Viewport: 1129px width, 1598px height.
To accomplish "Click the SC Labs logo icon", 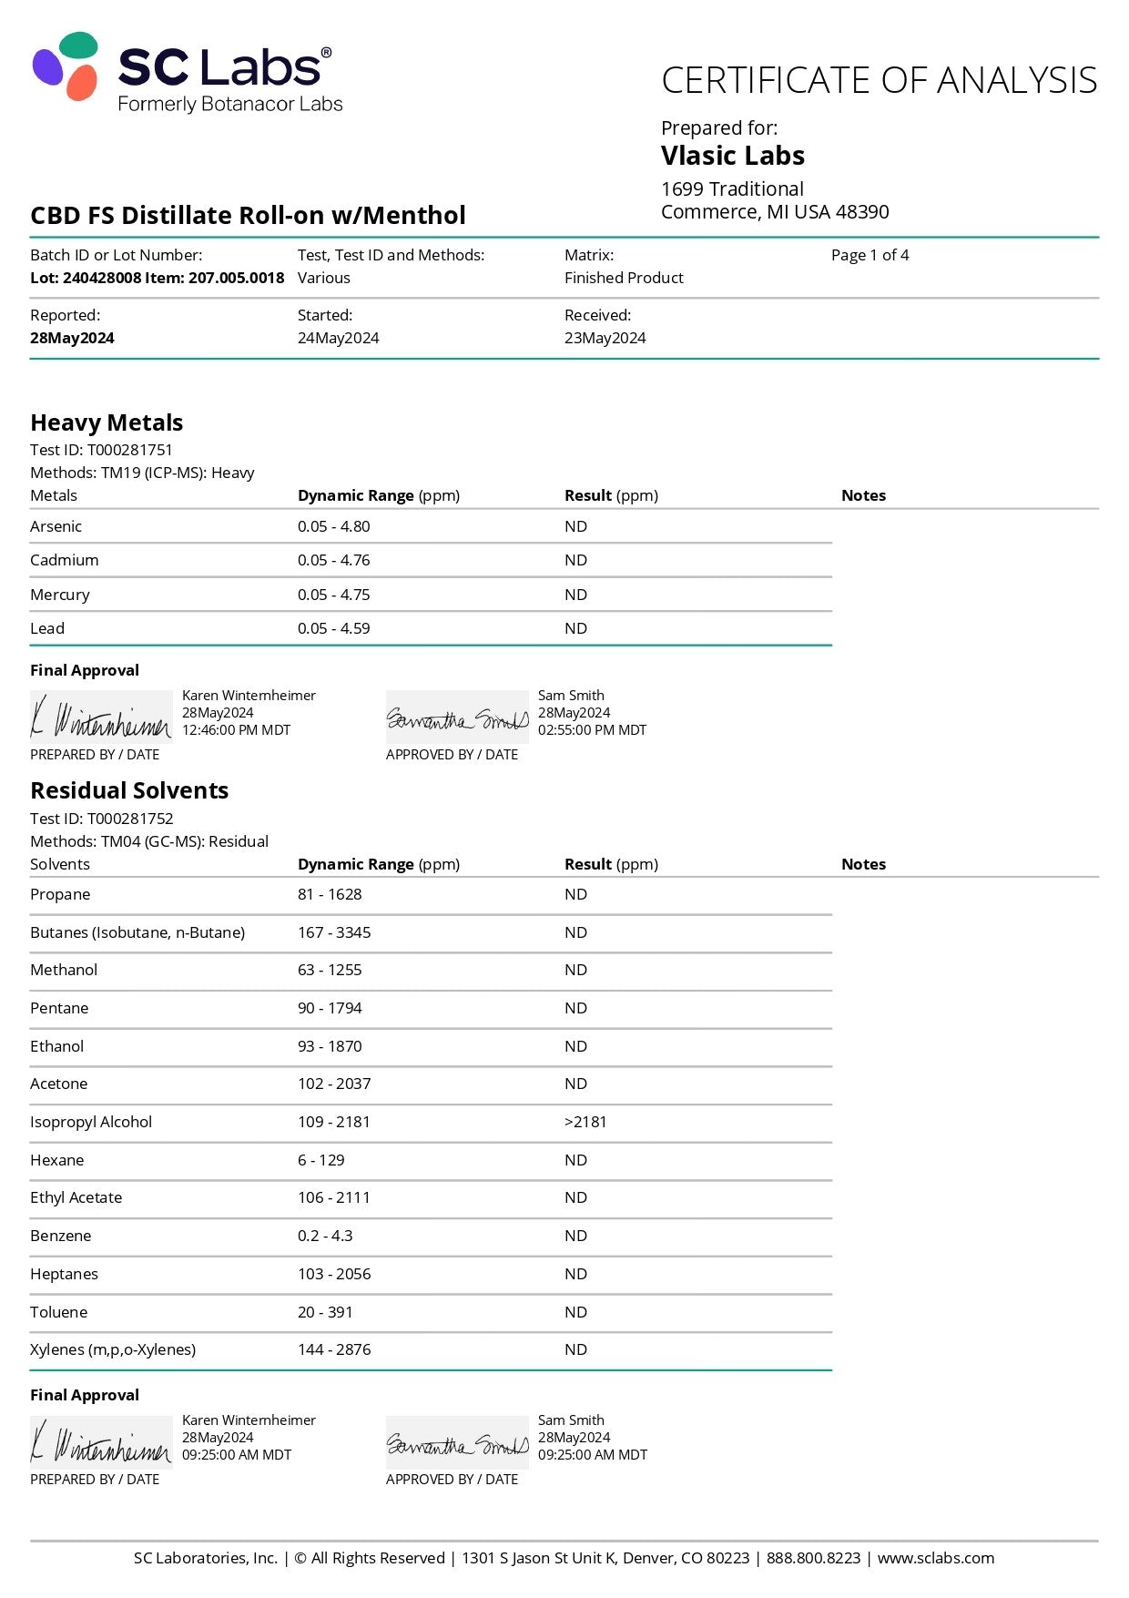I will point(66,66).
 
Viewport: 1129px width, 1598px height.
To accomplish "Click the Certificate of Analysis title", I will point(879,80).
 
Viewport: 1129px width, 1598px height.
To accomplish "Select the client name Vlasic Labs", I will point(732,156).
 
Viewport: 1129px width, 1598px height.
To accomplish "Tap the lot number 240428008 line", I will point(157,278).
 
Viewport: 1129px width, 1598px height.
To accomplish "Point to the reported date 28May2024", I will point(72,338).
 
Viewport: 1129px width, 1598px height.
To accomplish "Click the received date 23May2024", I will point(605,338).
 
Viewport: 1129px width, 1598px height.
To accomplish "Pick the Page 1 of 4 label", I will point(870,255).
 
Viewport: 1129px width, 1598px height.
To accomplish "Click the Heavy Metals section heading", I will point(107,422).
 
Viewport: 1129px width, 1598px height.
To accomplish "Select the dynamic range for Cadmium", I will point(333,560).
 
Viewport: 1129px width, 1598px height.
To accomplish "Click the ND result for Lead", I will point(575,628).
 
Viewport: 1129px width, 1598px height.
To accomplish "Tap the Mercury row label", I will point(60,595).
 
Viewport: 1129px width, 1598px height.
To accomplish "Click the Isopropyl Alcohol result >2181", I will point(585,1122).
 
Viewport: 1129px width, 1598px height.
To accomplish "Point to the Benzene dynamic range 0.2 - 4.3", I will point(325,1236).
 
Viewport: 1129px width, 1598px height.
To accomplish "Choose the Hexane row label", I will point(56,1160).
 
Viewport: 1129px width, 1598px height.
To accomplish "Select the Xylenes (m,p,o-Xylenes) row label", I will point(113,1349).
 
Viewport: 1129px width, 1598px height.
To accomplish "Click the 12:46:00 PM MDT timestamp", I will point(236,730).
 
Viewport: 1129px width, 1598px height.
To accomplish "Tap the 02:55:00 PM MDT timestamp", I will point(592,730).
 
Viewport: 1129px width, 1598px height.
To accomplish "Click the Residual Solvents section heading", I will point(129,790).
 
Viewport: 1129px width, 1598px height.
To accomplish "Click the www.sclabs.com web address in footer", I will point(935,1558).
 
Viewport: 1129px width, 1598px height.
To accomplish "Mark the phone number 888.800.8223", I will point(813,1558).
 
